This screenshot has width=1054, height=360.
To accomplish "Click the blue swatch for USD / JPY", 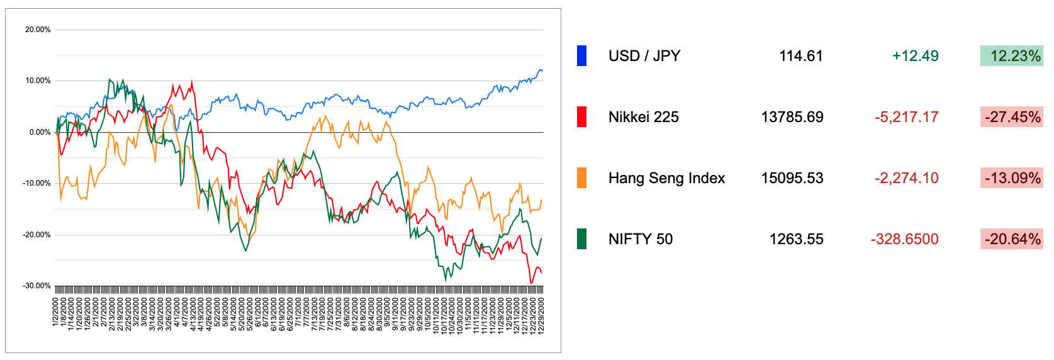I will pyautogui.click(x=581, y=56).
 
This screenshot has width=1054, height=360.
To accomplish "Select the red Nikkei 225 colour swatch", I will pyautogui.click(x=581, y=117).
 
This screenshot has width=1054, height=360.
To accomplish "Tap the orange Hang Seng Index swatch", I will pyautogui.click(x=581, y=178).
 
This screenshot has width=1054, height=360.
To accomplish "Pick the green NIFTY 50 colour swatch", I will pyautogui.click(x=581, y=239).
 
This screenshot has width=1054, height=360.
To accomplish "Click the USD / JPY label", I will pyautogui.click(x=644, y=56).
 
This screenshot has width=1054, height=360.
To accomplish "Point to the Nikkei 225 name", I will pyautogui.click(x=643, y=117).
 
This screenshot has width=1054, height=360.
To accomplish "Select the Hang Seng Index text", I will pyautogui.click(x=666, y=178).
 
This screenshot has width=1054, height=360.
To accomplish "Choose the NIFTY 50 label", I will pyautogui.click(x=640, y=239).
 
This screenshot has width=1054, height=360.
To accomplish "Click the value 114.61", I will pyautogui.click(x=800, y=56).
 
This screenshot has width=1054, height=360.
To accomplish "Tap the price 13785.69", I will pyautogui.click(x=792, y=117).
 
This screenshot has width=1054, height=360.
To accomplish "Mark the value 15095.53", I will pyautogui.click(x=792, y=178).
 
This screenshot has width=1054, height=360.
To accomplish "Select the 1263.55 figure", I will pyautogui.click(x=796, y=239).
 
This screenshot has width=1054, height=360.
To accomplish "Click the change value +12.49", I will pyautogui.click(x=915, y=56).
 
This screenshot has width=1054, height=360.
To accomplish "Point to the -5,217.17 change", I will pyautogui.click(x=906, y=117).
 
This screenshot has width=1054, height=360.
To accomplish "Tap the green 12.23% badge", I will pyautogui.click(x=1011, y=56).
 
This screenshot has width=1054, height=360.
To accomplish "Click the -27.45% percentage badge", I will pyautogui.click(x=1011, y=117).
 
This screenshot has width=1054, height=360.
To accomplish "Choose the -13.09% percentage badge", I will pyautogui.click(x=1011, y=178).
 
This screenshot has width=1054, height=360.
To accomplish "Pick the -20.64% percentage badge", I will pyautogui.click(x=1011, y=239).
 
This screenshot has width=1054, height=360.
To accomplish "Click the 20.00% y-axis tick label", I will pyautogui.click(x=38, y=30).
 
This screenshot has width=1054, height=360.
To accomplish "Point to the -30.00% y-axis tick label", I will pyautogui.click(x=36, y=286).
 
